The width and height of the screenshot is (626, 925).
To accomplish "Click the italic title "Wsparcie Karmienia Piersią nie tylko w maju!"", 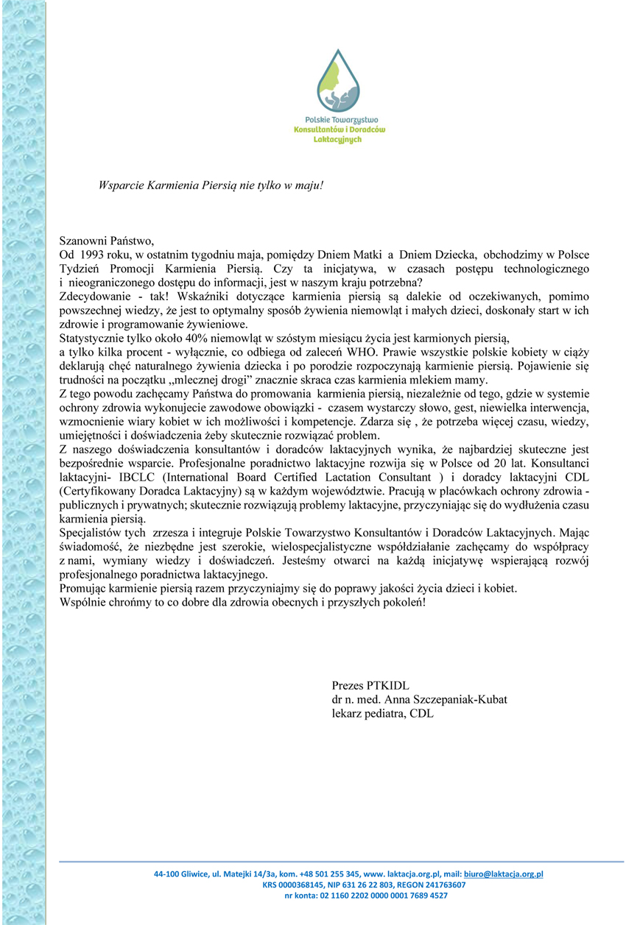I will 211,185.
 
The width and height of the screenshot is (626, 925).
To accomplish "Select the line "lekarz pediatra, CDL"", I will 382,713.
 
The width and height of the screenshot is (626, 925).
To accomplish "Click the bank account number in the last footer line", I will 381,896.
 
